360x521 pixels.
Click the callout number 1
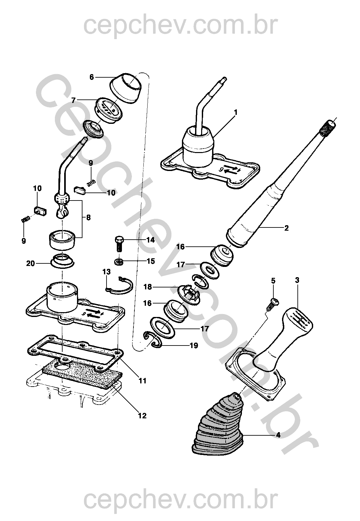[x=236, y=113]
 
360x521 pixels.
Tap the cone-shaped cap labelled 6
[x=126, y=88]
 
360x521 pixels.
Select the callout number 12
[x=142, y=416]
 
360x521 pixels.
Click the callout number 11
[x=142, y=381]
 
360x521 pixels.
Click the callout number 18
[x=148, y=286]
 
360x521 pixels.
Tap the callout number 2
[x=286, y=228]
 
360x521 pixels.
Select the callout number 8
[x=88, y=218]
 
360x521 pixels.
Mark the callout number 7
[x=73, y=100]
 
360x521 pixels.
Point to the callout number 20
[x=30, y=263]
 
